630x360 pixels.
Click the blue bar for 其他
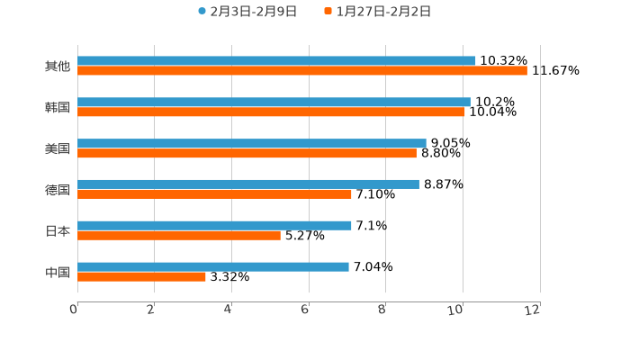coord(276,61)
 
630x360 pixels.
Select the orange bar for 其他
coord(302,71)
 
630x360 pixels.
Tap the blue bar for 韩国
coord(274,103)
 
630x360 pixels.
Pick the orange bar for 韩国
coord(271,112)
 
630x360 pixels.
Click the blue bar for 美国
coord(252,143)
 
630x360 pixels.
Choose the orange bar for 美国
coord(247,154)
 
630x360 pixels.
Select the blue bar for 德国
coord(248,184)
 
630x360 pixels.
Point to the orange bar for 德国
coord(214,194)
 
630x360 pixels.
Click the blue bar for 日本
coord(214,225)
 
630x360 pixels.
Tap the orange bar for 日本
coord(179,236)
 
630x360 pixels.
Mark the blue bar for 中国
coord(213,266)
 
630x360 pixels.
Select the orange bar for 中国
coord(141,277)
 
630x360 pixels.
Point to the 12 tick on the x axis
coord(534,310)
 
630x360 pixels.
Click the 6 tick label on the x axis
coord(305,310)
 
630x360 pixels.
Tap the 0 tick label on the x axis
coord(74,310)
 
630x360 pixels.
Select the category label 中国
coord(58,272)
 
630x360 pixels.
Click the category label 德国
coord(58,190)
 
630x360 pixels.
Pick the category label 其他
coord(58,67)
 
